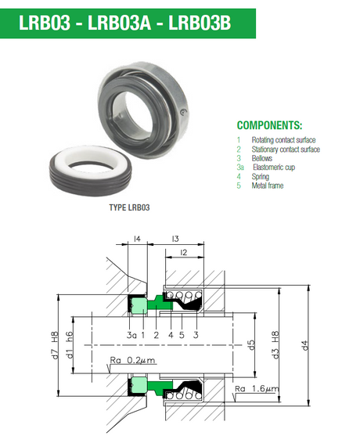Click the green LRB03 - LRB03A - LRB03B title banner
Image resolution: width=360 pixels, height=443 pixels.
[x=128, y=23]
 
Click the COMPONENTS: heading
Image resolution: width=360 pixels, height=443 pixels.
[x=269, y=125]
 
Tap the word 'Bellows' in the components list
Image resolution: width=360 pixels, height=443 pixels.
[x=262, y=158]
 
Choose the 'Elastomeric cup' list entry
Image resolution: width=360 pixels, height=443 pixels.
[x=274, y=167]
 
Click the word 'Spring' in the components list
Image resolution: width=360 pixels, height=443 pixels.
[x=261, y=177]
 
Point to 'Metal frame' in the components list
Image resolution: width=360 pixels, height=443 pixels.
[x=268, y=185]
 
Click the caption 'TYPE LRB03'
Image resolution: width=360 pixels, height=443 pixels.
[x=129, y=207]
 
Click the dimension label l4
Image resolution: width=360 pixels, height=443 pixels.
[x=137, y=239]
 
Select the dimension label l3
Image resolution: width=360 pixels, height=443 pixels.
[x=175, y=239]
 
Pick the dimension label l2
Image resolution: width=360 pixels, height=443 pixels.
[x=184, y=253]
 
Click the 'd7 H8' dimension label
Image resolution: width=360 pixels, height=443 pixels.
[x=55, y=345]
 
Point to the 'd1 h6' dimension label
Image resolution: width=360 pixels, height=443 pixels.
[x=70, y=345]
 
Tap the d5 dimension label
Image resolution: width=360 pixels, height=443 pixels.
[x=251, y=345]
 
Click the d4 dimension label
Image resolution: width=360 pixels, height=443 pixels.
[x=304, y=346]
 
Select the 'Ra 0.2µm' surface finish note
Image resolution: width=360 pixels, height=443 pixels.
[x=132, y=360]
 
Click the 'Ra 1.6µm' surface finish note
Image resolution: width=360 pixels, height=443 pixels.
[x=257, y=389]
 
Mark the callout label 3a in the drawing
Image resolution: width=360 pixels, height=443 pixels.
[x=131, y=335]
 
